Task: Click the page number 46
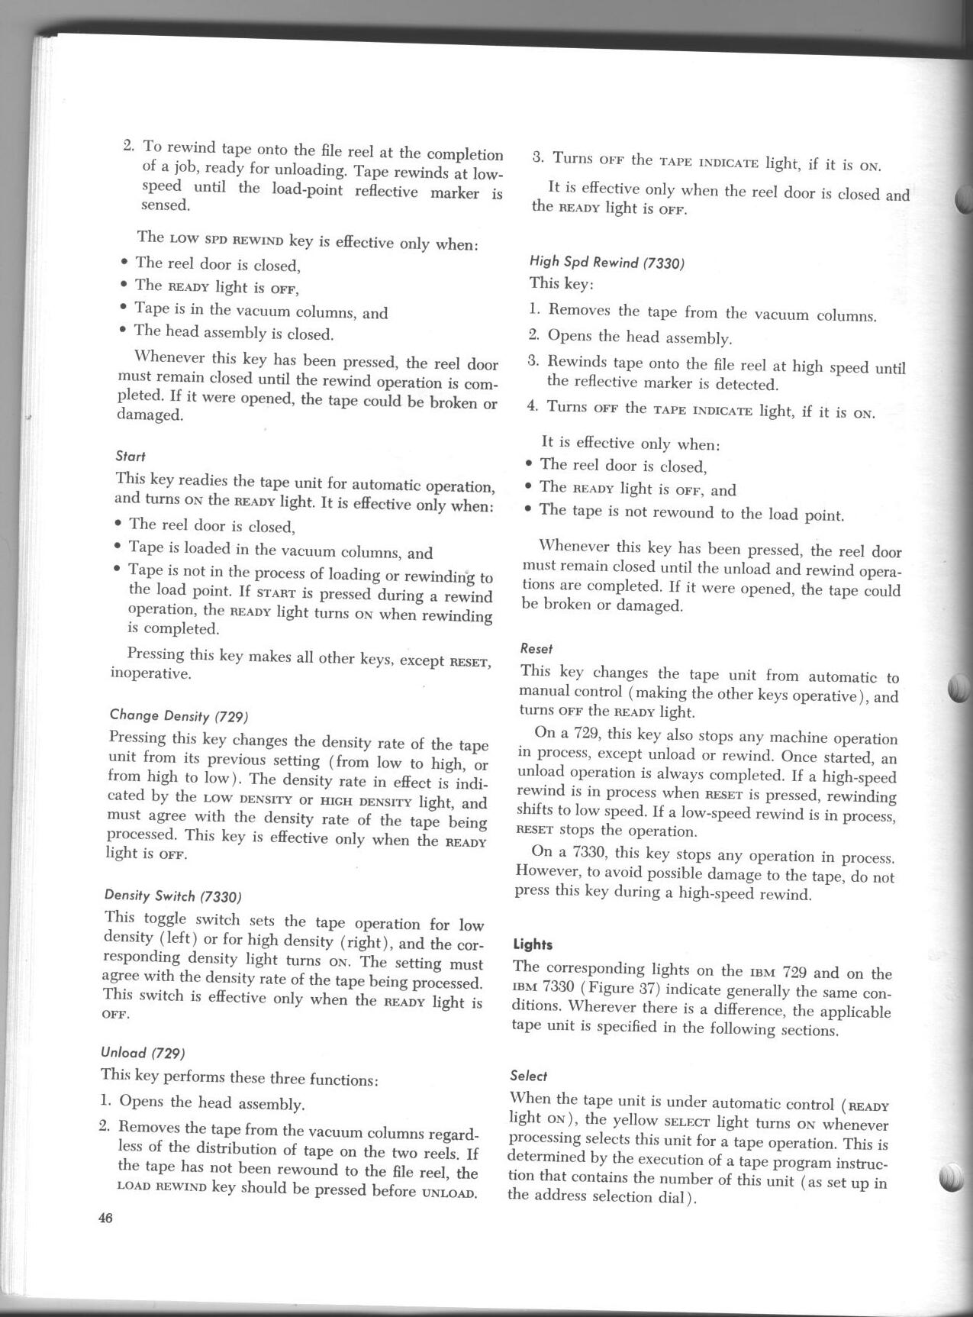click(105, 1219)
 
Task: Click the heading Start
click(130, 456)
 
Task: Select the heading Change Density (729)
click(179, 715)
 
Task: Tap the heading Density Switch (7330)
click(172, 896)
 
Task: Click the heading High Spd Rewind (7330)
click(607, 263)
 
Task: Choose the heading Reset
click(536, 648)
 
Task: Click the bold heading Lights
click(533, 944)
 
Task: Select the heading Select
click(528, 1076)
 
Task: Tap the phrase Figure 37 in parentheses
click(619, 991)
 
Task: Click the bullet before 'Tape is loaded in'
click(117, 547)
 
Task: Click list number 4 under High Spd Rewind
click(533, 406)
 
